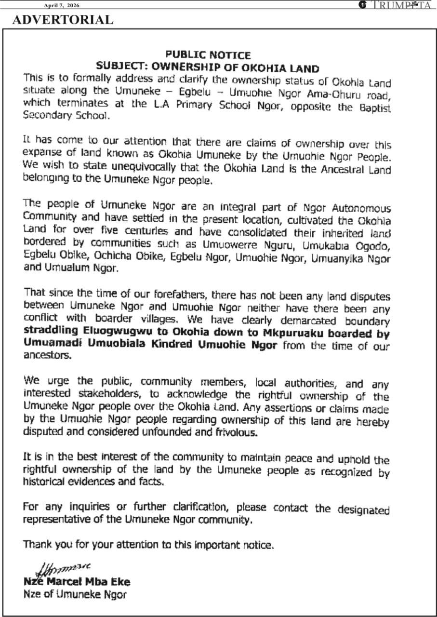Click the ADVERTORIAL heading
tap(63, 20)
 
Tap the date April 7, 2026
tap(61, 5)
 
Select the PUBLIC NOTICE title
tap(208, 55)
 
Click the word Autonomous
tap(361, 208)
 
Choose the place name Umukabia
tap(313, 245)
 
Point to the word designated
tap(363, 510)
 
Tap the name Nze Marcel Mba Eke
tap(77, 581)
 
